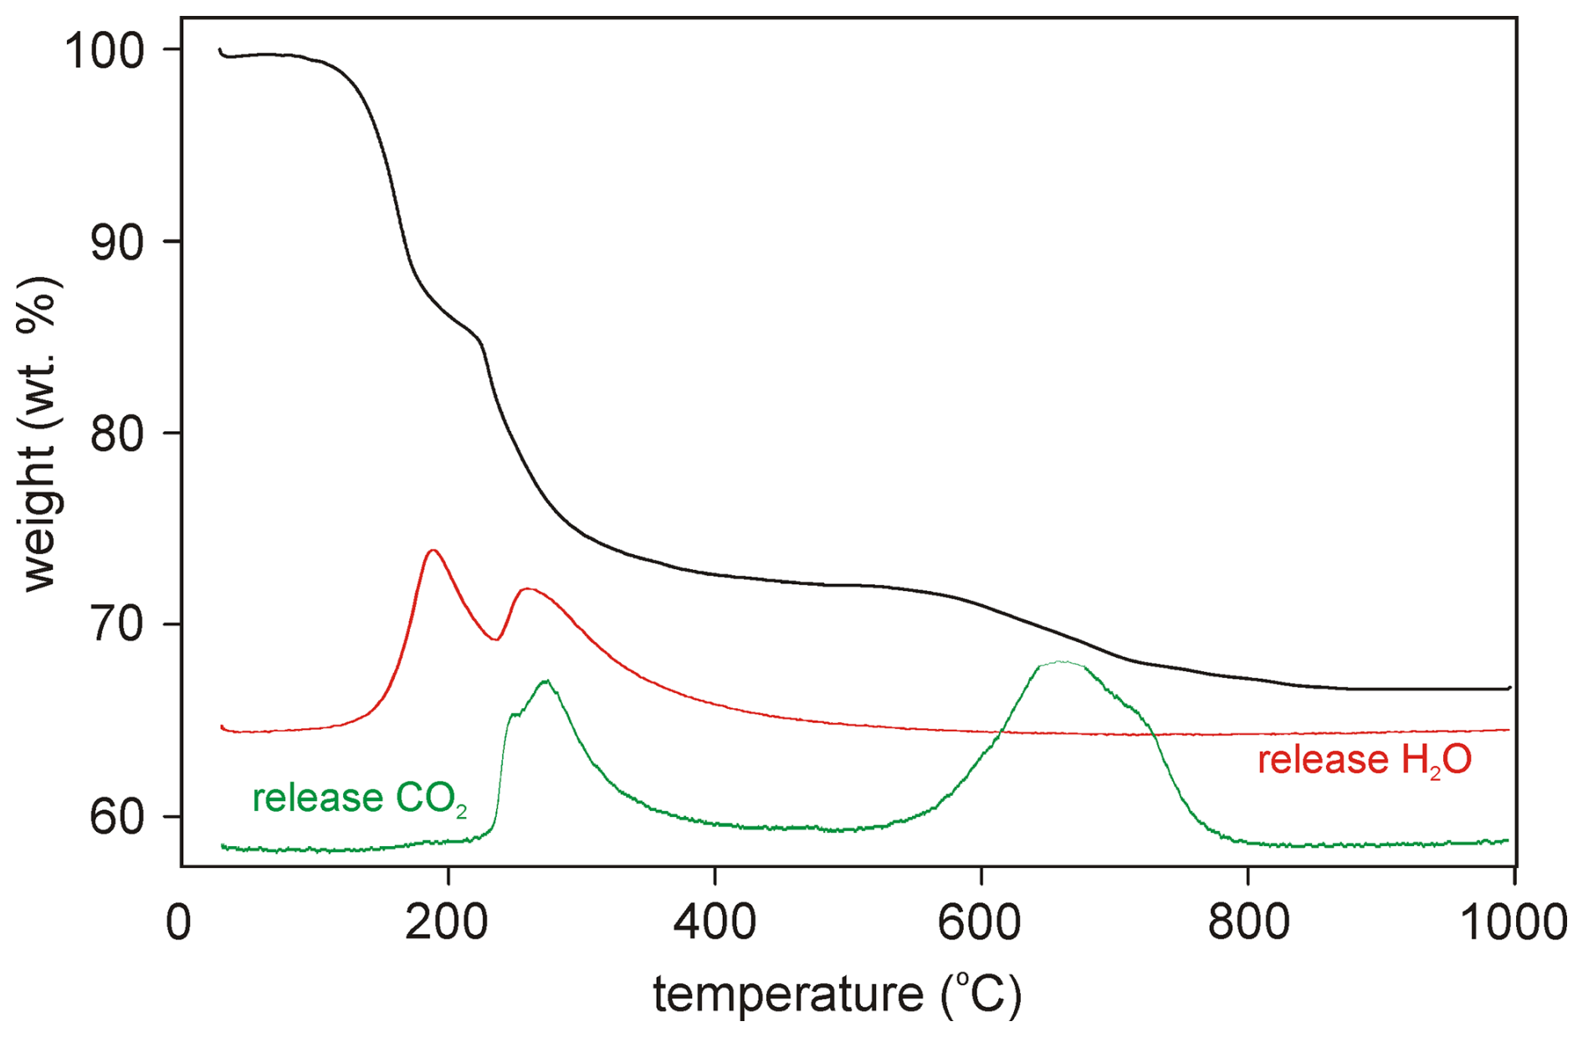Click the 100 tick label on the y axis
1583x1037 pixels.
[105, 52]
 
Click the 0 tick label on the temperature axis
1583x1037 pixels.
[179, 922]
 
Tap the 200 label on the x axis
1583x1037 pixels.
[448, 922]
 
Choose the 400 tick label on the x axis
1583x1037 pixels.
[715, 922]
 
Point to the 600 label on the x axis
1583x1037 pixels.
[980, 922]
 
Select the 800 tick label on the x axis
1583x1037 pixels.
[1247, 922]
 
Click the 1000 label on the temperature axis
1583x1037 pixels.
[1513, 922]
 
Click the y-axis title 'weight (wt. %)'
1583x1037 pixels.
[39, 434]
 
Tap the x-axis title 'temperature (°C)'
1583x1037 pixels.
[837, 994]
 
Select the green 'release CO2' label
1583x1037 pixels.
[359, 798]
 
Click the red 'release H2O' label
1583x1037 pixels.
[1364, 761]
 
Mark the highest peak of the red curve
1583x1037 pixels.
[433, 551]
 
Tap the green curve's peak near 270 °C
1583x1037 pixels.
[546, 680]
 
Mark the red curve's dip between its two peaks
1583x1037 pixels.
[496, 639]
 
